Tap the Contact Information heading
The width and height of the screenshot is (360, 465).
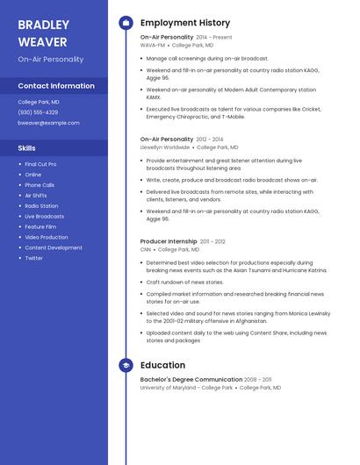tap(56, 86)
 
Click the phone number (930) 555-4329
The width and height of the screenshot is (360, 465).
tap(38, 112)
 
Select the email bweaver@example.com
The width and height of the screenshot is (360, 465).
tap(48, 123)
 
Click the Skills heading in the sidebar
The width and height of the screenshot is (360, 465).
tap(26, 148)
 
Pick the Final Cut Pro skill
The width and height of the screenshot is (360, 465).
tap(40, 164)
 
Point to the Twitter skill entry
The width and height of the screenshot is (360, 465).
tap(33, 258)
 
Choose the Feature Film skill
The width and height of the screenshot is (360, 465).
tap(40, 226)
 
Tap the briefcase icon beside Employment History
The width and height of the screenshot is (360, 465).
tap(126, 22)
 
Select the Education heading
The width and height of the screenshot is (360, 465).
tap(162, 364)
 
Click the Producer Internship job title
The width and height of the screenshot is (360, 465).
tap(169, 241)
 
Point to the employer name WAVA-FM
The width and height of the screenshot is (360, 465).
tap(152, 45)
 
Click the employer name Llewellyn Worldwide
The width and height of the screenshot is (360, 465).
tap(164, 147)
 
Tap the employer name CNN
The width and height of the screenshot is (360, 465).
tap(146, 249)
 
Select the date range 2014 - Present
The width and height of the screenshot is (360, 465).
tap(214, 38)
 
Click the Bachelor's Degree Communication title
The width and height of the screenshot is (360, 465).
tap(191, 379)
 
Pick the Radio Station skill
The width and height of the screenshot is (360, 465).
tap(41, 206)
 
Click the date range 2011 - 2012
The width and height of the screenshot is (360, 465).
tap(212, 241)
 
